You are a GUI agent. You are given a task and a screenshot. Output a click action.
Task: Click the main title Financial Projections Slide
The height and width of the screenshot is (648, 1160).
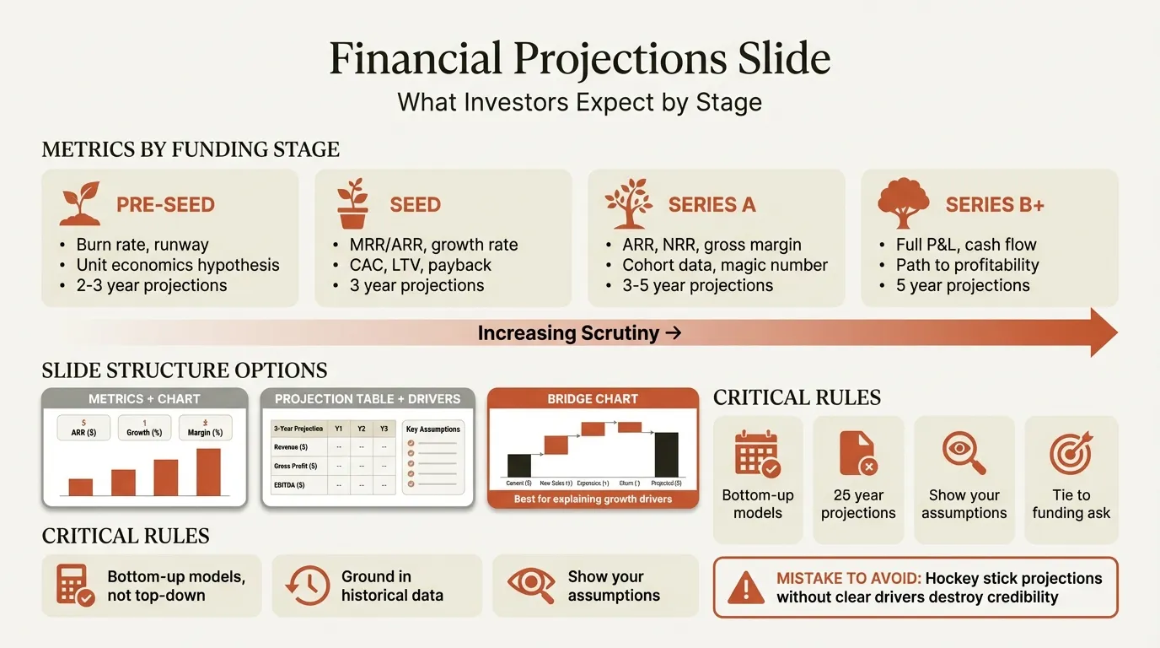(x=579, y=60)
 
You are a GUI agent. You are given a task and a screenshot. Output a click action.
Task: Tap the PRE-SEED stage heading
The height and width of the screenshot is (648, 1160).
(x=165, y=205)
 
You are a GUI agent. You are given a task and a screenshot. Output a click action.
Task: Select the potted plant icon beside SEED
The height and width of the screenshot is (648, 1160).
(x=353, y=203)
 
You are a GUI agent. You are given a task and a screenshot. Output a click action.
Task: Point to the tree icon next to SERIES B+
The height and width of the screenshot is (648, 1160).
(x=903, y=203)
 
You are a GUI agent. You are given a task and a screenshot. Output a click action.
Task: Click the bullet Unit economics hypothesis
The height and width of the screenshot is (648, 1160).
(x=177, y=265)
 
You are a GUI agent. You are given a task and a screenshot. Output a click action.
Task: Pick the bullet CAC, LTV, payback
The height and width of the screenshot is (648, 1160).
(x=420, y=265)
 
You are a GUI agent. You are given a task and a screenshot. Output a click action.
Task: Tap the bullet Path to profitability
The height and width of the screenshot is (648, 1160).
(x=967, y=265)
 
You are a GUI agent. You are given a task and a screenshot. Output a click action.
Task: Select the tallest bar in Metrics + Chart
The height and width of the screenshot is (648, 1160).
(x=208, y=472)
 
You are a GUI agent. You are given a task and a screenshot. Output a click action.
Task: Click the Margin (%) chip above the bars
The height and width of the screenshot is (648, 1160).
(x=205, y=429)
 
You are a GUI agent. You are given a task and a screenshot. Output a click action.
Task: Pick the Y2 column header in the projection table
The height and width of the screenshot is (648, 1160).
(x=361, y=429)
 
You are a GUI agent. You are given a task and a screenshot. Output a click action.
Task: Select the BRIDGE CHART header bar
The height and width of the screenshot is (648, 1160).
(x=593, y=398)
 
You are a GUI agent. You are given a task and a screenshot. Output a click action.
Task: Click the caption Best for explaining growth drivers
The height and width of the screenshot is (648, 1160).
(x=593, y=499)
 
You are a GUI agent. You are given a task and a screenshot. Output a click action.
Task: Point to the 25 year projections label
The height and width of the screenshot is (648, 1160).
(x=858, y=504)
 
